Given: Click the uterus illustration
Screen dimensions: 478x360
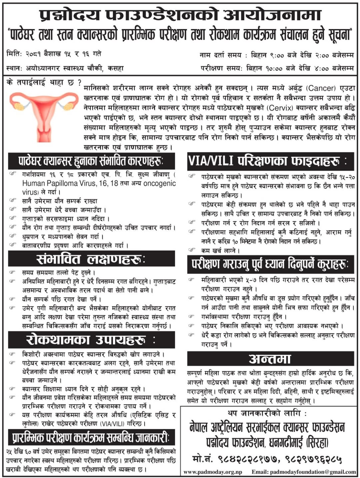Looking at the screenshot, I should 41,112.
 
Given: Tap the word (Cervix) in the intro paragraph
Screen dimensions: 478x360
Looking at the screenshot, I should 280,108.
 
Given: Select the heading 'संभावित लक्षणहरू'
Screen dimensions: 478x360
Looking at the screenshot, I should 91,259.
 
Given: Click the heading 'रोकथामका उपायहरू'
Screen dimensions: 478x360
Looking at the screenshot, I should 91,340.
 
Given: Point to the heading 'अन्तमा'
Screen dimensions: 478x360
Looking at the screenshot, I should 270,359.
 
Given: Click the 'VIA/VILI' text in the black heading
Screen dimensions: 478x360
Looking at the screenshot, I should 210,161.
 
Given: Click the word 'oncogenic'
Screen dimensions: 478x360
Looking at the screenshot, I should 159,183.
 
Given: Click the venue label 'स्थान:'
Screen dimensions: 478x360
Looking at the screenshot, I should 14,68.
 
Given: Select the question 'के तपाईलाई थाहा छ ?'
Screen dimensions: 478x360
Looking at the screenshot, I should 44,82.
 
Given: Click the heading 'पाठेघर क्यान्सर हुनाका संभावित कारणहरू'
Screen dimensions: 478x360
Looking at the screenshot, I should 91,161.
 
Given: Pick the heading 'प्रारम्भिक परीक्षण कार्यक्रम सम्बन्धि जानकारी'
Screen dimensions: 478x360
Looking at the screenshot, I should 91,437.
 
